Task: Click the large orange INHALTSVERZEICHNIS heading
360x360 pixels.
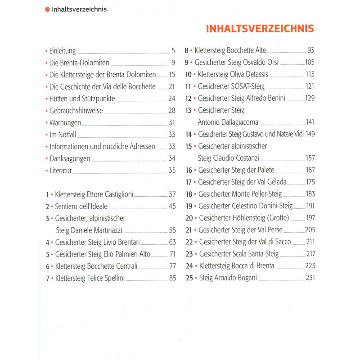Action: click(x=260, y=28)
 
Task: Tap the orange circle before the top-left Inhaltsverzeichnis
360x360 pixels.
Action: click(x=47, y=9)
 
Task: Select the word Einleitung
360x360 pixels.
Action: click(x=63, y=51)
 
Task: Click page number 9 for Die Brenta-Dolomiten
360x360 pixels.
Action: click(x=173, y=63)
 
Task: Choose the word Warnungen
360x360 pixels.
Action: click(x=65, y=122)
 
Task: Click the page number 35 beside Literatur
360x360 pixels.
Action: click(x=171, y=170)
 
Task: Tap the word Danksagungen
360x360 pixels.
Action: click(x=70, y=158)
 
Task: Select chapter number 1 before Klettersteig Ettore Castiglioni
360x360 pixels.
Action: click(x=47, y=194)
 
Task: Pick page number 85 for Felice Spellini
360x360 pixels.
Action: click(x=172, y=278)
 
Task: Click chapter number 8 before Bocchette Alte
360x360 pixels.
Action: click(x=186, y=50)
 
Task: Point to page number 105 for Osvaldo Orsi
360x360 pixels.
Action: click(x=310, y=63)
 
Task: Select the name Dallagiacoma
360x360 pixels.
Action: click(x=228, y=122)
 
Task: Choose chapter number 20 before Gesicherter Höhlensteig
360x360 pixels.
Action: click(x=189, y=218)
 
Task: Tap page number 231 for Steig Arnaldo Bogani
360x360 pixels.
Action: click(x=310, y=278)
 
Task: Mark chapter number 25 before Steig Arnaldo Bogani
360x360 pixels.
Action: click(x=189, y=278)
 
